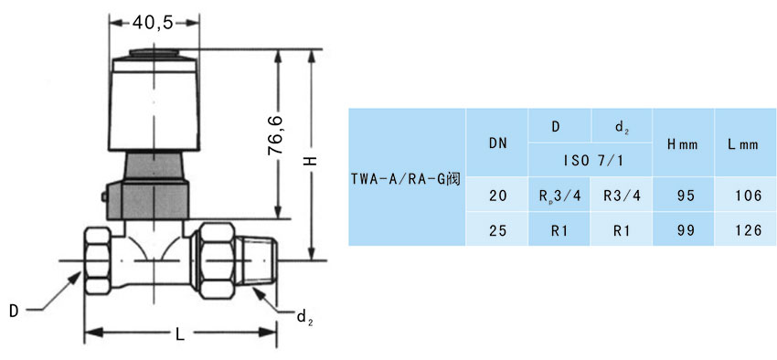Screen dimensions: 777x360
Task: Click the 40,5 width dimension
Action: coord(154,22)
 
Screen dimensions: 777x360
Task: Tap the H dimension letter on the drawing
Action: coord(311,161)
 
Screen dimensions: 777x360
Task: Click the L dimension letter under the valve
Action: coord(180,334)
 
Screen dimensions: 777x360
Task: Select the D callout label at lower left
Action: coord(14,311)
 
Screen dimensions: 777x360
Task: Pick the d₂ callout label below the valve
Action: coord(303,317)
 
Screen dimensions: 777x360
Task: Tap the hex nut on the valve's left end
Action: coord(98,260)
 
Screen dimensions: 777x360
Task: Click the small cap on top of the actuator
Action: coord(154,53)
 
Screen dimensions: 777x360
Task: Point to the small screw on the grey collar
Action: coord(104,196)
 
